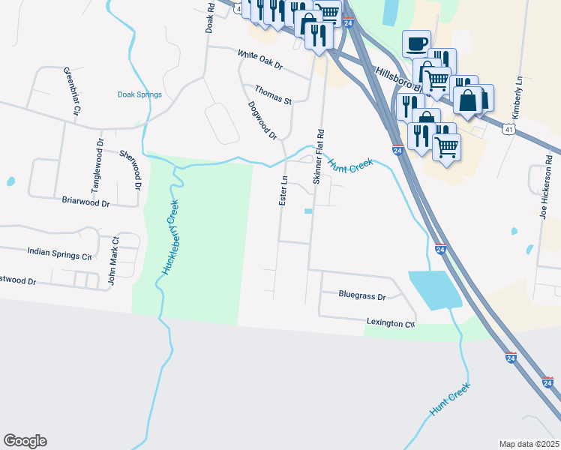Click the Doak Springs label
pos(139,94)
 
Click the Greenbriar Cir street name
pos(71,91)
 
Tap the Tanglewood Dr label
pos(97,165)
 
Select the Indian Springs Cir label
pos(59,253)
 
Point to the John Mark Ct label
pos(113,262)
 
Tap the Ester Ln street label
pos(283,191)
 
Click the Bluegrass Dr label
pos(361,296)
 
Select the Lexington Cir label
pos(390,323)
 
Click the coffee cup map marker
pos(416,43)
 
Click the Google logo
pos(25,441)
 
